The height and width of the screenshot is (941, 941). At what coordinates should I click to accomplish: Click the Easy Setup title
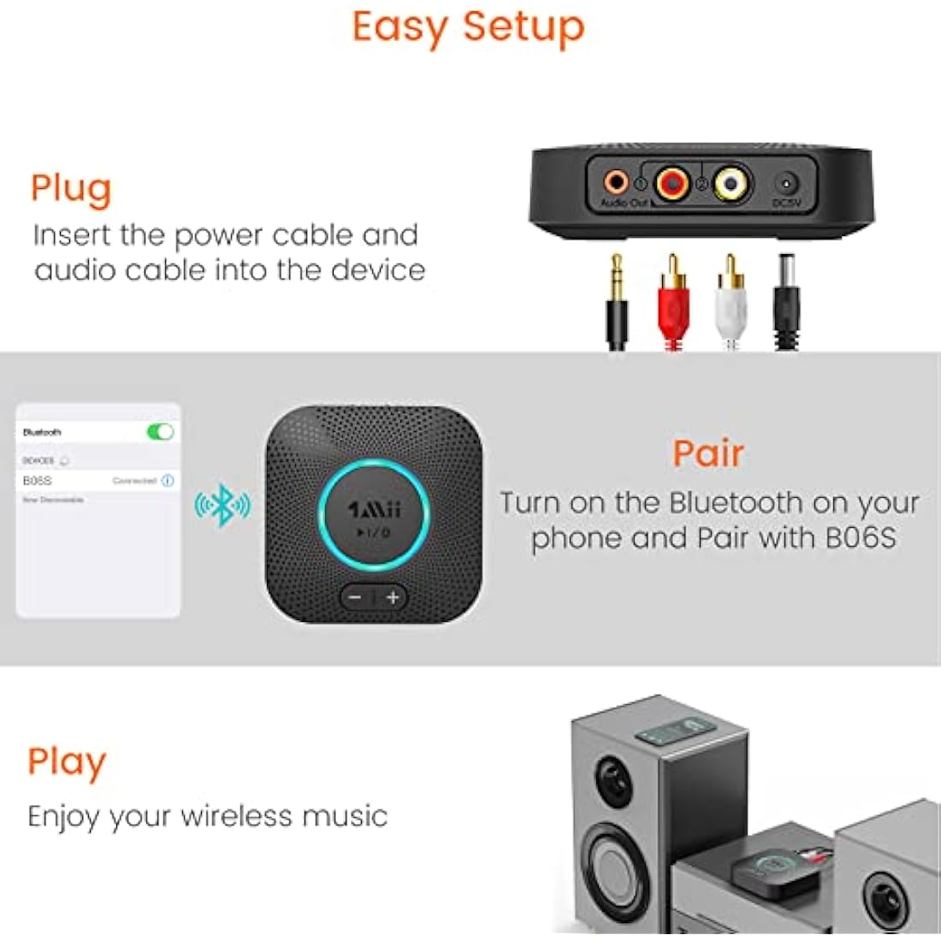(x=468, y=27)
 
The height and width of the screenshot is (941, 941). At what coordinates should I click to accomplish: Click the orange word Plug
(x=71, y=189)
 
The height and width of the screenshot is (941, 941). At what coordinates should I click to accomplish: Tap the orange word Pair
(x=707, y=453)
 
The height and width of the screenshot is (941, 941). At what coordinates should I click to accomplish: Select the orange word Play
(x=67, y=761)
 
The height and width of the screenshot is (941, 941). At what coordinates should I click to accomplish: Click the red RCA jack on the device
(x=672, y=181)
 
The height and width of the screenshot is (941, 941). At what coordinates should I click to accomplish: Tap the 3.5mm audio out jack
(x=615, y=181)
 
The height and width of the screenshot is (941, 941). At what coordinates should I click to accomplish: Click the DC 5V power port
(x=786, y=183)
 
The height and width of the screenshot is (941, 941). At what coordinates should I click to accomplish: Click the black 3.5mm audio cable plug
(x=616, y=304)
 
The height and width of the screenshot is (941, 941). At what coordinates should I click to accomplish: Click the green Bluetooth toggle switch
(x=160, y=432)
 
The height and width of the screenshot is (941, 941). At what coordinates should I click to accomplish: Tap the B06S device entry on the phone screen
(x=38, y=481)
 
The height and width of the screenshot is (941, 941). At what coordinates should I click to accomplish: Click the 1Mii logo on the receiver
(x=374, y=510)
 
